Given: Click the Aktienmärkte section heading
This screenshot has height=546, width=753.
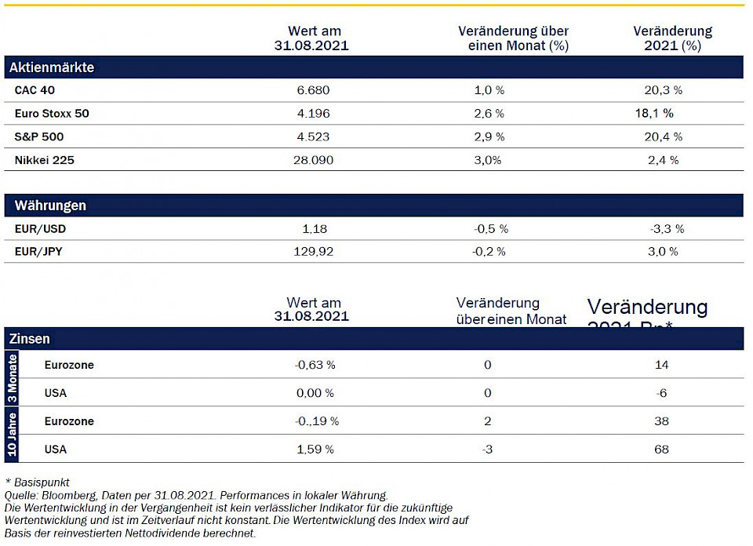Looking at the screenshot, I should point(52,67).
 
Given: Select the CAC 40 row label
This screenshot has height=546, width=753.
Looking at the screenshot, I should point(35,90).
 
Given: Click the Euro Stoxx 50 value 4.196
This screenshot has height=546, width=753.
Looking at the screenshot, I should point(313,114).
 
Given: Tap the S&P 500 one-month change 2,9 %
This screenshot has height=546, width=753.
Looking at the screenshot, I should point(489,136).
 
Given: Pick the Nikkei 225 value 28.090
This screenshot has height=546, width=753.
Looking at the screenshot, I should point(313,160).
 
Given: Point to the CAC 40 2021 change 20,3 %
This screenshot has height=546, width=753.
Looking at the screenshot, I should point(663,90).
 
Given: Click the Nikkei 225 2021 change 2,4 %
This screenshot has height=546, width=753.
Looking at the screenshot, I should point(663,160).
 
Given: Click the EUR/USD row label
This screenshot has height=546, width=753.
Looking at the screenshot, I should point(40,229).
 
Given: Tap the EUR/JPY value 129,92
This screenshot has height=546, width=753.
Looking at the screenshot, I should point(313,252).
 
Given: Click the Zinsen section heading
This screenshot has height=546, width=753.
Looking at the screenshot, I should point(30,339).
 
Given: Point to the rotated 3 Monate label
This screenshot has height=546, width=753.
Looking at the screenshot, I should point(12,378).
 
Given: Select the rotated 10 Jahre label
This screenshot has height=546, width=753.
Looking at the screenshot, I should point(12,435).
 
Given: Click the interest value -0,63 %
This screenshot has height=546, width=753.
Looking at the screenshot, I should point(313,365).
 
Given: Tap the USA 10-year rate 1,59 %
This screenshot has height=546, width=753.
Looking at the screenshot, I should point(313,450).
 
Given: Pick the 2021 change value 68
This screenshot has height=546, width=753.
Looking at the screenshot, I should point(661,450).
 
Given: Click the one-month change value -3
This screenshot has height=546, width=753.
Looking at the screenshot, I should point(488,450).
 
